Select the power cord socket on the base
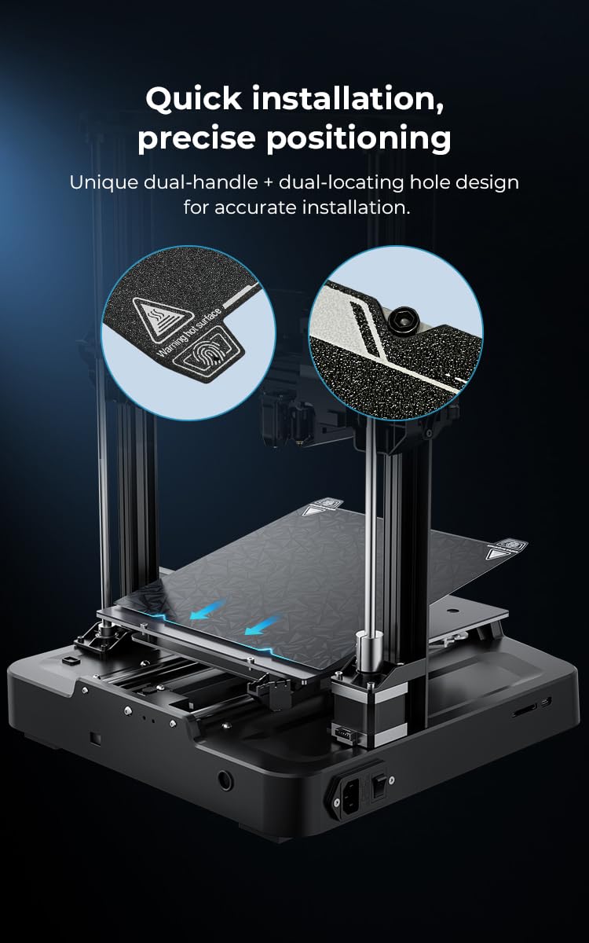click(351, 796)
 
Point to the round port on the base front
click(225, 780)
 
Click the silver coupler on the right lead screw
click(365, 649)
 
